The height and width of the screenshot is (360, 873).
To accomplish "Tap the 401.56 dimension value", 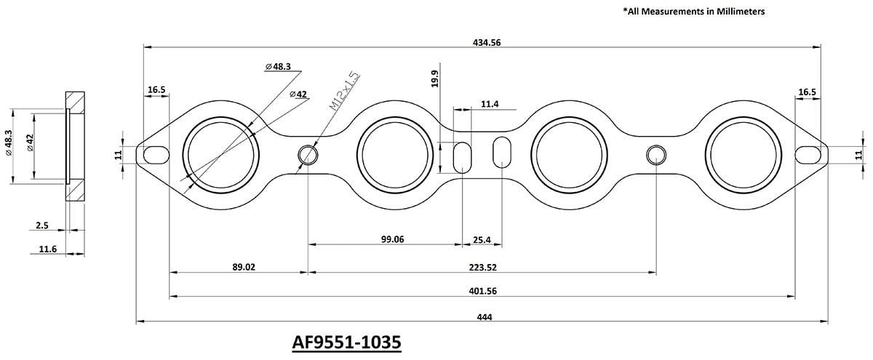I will pyautogui.click(x=482, y=291).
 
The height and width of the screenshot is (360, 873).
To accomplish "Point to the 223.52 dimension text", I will pyautogui.click(x=482, y=267).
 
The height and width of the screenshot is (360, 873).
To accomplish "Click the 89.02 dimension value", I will pyautogui.click(x=244, y=267).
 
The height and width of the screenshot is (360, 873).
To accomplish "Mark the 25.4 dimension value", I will pyautogui.click(x=482, y=239).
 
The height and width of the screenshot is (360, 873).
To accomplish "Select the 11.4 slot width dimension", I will pyautogui.click(x=490, y=105).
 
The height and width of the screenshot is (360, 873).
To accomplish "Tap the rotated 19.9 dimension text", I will pyautogui.click(x=435, y=79).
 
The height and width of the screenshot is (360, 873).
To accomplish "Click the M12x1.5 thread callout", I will pyautogui.click(x=344, y=90).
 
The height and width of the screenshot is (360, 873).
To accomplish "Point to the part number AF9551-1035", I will pyautogui.click(x=346, y=342).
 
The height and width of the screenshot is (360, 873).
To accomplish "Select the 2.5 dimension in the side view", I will pyautogui.click(x=42, y=226).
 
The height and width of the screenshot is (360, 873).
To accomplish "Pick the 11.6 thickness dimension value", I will pyautogui.click(x=48, y=249).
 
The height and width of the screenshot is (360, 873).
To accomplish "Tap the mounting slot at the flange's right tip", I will pyautogui.click(x=809, y=154).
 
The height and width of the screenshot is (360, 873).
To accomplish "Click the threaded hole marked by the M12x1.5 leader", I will pyautogui.click(x=308, y=155).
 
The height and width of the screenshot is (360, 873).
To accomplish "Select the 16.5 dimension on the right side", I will pyautogui.click(x=807, y=92).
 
